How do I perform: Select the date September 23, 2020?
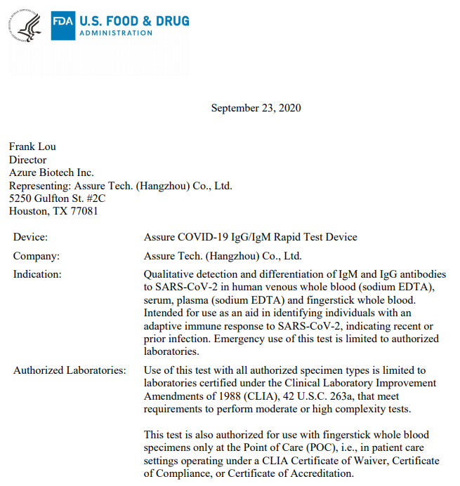256,108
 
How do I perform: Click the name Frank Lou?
32,147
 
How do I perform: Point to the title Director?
28,159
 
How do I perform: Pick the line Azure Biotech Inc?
51,173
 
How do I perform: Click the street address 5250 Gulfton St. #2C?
57,198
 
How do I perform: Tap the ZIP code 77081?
84,210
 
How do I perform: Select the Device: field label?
30,237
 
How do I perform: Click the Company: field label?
36,256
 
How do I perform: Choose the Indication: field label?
37,274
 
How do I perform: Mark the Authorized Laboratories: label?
70,370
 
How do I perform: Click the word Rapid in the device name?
296,237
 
